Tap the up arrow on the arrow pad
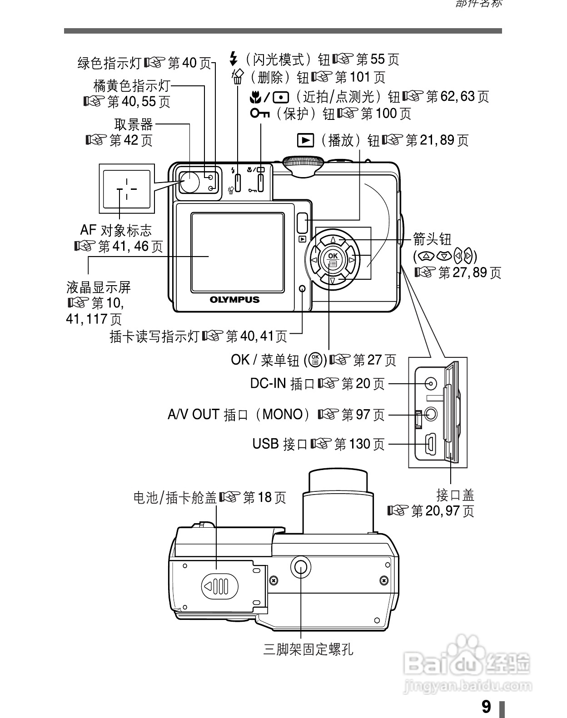(x=333, y=239)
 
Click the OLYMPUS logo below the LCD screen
(x=234, y=300)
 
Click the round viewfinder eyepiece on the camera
(x=189, y=182)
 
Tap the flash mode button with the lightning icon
(x=237, y=182)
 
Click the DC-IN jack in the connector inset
(x=431, y=383)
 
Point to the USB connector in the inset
(x=430, y=444)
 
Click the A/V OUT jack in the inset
(x=430, y=414)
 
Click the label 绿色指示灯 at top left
(x=110, y=63)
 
